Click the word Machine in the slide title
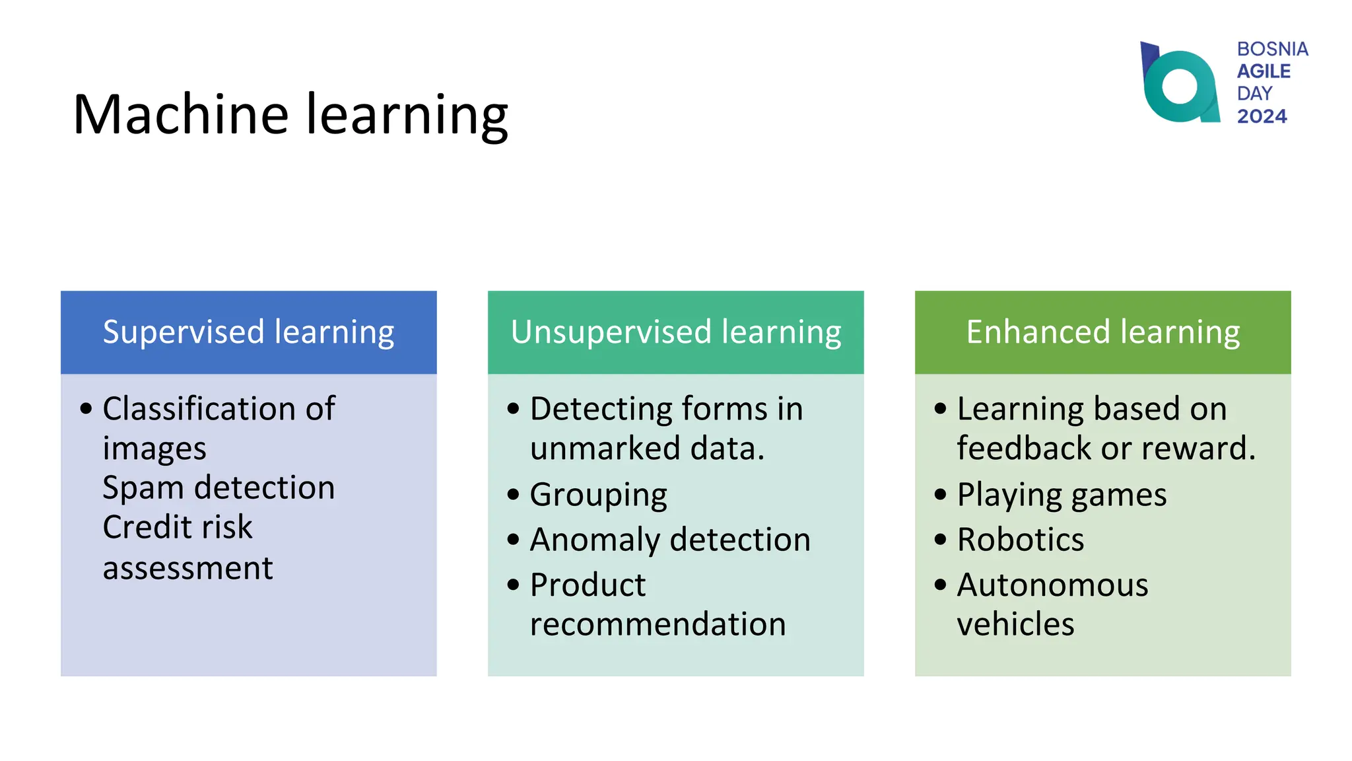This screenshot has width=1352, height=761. point(180,114)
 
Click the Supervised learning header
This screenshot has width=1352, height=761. point(248,332)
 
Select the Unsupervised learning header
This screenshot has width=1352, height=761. point(675,332)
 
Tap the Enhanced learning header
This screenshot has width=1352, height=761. point(1102,332)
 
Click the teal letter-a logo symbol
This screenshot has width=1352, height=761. point(1180,85)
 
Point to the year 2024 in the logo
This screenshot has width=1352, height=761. point(1262,116)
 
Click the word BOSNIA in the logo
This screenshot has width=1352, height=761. point(1272,49)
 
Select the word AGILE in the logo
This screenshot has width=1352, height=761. point(1264,71)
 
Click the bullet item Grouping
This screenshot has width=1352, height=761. point(598,495)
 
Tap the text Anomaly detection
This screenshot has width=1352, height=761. point(670,540)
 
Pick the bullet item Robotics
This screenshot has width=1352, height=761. point(1020,540)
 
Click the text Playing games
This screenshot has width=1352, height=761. point(1062,495)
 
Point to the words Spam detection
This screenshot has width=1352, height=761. point(219,488)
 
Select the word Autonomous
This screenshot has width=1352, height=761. point(1052,585)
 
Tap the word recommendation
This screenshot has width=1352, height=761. point(658,624)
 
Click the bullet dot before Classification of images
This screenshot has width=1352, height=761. point(86,409)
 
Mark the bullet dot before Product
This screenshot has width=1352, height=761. point(513,585)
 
